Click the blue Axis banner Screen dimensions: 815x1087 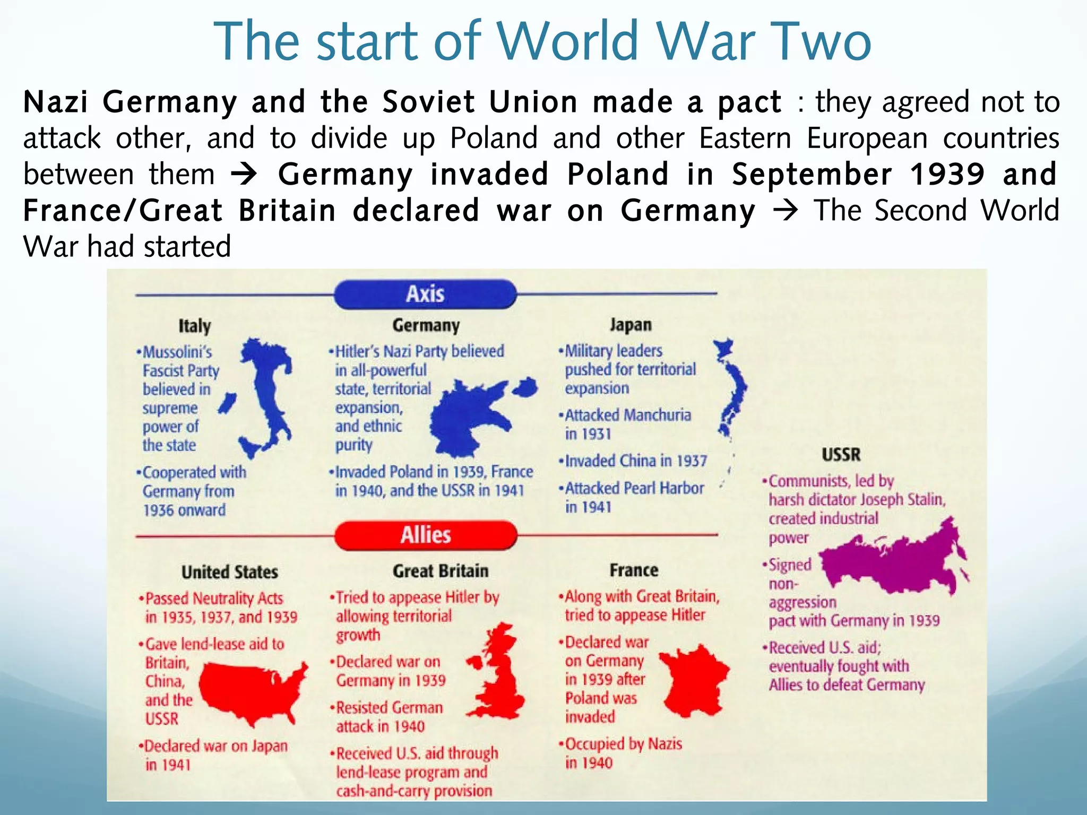[x=425, y=294]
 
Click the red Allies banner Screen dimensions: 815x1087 [x=426, y=535]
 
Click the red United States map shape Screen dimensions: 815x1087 [x=249, y=690]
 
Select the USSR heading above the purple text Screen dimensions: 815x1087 [x=841, y=455]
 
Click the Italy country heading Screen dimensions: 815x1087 [x=195, y=326]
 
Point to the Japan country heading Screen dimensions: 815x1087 [x=631, y=325]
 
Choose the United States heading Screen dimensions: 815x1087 [x=230, y=572]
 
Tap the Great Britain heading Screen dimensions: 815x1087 [x=441, y=571]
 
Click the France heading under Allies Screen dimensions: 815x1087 [x=634, y=570]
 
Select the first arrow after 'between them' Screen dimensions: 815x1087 [x=245, y=174]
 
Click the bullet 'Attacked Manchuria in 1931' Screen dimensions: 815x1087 [x=626, y=424]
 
